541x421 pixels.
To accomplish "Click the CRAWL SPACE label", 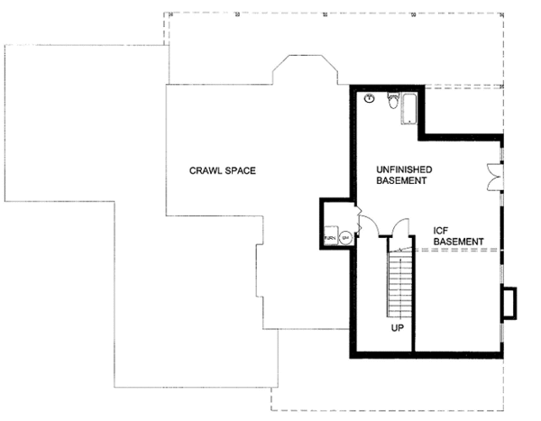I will click(220, 169).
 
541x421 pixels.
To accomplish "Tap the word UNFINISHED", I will click(404, 169).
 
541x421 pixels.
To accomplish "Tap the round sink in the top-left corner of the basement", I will click(370, 100).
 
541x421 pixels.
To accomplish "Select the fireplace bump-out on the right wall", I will click(509, 303).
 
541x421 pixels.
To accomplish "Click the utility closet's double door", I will click(358, 221).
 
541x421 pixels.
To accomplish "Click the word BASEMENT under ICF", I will click(458, 242).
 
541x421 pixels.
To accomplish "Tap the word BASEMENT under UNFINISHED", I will click(401, 181).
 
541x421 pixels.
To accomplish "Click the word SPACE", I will click(237, 169).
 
